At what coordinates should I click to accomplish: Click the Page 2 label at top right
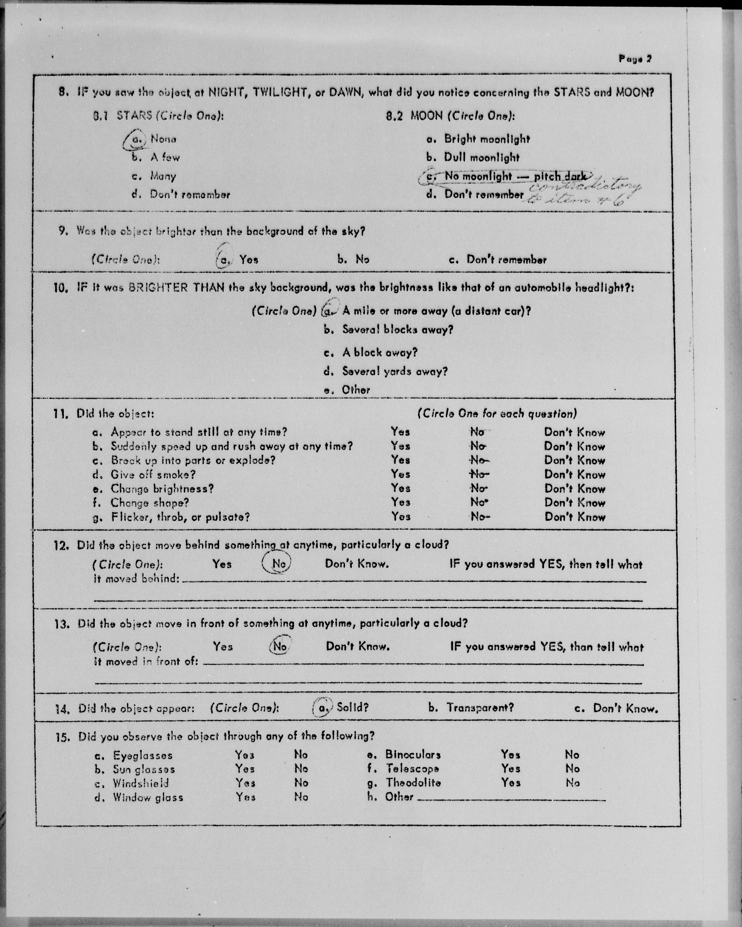click(635, 59)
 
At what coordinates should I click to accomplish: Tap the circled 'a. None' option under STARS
click(150, 139)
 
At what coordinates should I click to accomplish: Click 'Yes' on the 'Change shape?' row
click(400, 502)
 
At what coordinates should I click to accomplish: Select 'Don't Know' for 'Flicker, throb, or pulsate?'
click(575, 517)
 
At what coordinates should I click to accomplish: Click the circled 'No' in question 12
click(278, 564)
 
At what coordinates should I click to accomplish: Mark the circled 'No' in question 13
click(279, 646)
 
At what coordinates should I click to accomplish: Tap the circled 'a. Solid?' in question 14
click(340, 707)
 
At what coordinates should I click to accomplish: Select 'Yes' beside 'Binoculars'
click(510, 755)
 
